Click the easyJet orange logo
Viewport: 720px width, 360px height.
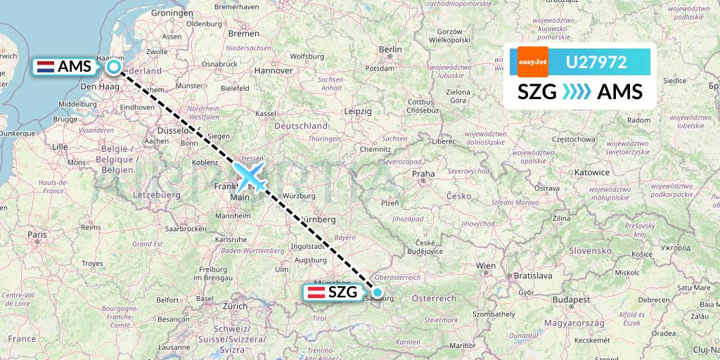click(x=532, y=62)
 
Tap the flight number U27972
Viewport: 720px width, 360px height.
click(x=596, y=63)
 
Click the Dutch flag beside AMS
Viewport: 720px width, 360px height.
click(x=46, y=67)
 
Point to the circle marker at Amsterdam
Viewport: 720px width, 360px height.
click(x=114, y=67)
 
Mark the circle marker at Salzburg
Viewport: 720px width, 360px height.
click(x=378, y=292)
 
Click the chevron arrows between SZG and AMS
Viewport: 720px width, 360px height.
click(x=577, y=92)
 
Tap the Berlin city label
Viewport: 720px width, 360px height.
click(x=390, y=49)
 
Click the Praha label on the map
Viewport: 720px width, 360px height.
click(x=423, y=173)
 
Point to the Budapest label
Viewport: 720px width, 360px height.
click(x=570, y=299)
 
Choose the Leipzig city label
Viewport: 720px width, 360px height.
click(x=358, y=111)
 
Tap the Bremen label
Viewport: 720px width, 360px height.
click(x=244, y=33)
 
